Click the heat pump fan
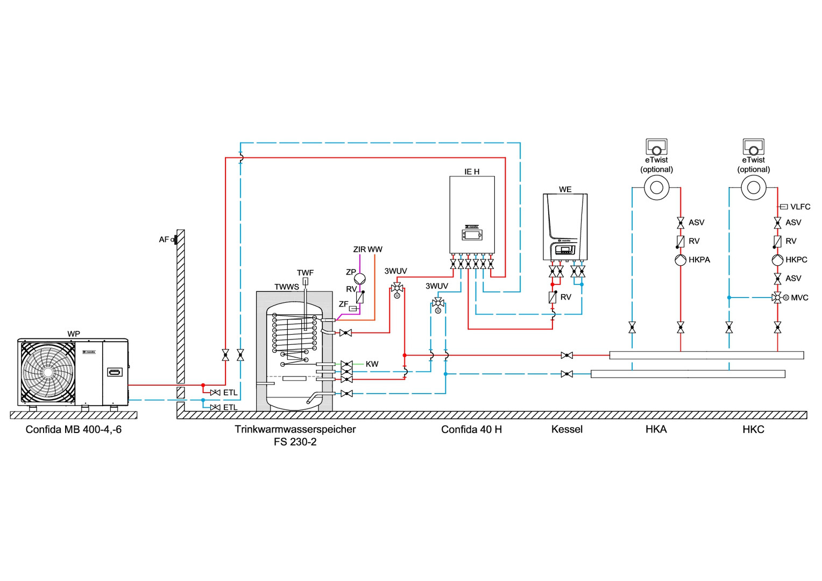tap(48, 372)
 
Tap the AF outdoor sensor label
tap(164, 239)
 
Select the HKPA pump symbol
tap(681, 260)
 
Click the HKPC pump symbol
tap(777, 260)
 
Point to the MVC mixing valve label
tap(799, 297)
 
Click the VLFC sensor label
tap(800, 207)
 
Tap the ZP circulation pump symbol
tap(360, 278)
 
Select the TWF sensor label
tap(305, 273)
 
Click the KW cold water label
tap(372, 364)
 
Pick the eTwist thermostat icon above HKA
tap(656, 146)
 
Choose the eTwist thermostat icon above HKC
tap(753, 146)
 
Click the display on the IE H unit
tap(472, 235)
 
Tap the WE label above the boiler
tap(565, 189)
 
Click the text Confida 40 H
tap(471, 429)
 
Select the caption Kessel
tap(567, 429)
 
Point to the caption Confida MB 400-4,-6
tap(74, 429)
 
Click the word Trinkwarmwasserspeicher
tap(295, 429)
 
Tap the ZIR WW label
tap(367, 250)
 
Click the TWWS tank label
tap(286, 287)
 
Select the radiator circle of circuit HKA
tap(656, 188)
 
